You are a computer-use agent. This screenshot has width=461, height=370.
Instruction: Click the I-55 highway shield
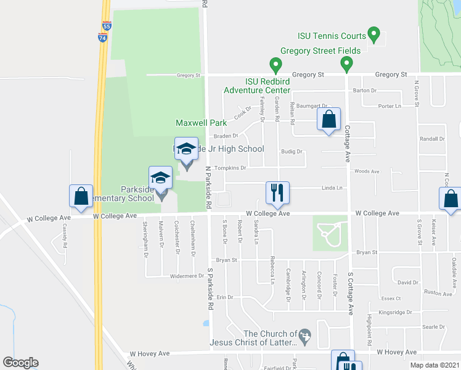107,27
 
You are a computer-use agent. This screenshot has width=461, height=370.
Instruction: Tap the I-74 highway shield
102,37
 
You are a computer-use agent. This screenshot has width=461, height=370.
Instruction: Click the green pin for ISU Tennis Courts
373,33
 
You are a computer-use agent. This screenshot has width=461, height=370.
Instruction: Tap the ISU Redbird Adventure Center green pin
275,64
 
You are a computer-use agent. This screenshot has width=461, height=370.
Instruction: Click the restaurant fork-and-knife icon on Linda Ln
277,192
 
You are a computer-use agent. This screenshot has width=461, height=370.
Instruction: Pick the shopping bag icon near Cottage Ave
328,119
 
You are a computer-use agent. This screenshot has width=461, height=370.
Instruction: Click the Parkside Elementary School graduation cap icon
161,178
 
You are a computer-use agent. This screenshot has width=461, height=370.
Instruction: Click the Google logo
20,363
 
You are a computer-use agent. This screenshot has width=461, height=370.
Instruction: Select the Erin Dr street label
224,297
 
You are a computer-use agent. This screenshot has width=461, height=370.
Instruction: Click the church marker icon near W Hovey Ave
303,336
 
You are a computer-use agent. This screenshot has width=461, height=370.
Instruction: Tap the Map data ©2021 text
435,365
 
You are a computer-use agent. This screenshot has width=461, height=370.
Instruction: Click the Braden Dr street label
225,136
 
